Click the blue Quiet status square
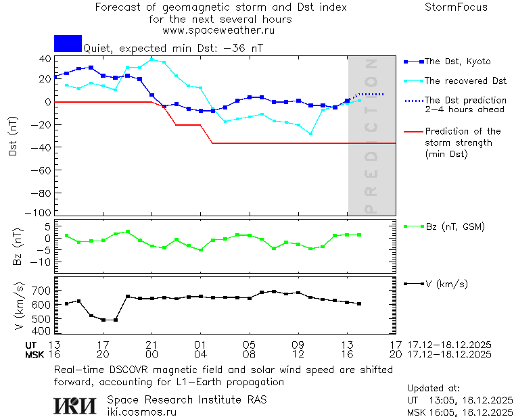(x=68, y=44)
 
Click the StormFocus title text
(x=456, y=7)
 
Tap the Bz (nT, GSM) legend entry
(x=454, y=226)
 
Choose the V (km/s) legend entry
(x=446, y=284)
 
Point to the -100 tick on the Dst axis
(x=41, y=212)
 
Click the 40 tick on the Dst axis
(x=45, y=59)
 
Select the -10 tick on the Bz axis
(x=43, y=262)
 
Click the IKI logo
(x=74, y=405)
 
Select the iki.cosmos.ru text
(x=141, y=412)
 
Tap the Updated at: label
(x=433, y=389)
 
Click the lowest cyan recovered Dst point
(x=310, y=134)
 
